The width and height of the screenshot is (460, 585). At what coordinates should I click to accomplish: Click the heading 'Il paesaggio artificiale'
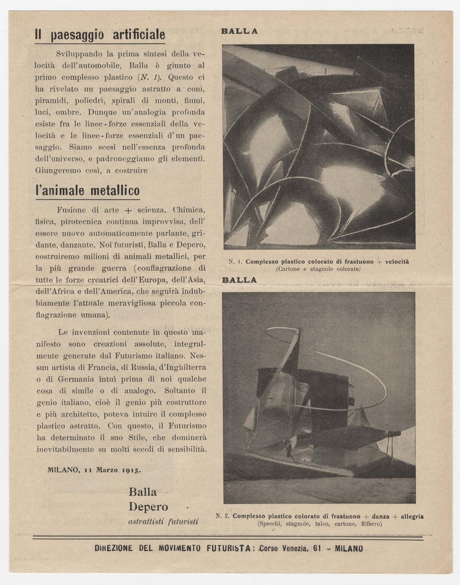(100, 35)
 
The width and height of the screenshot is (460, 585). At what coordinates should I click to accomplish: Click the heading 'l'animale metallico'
(87, 191)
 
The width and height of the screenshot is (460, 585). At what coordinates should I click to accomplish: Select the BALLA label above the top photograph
(239, 31)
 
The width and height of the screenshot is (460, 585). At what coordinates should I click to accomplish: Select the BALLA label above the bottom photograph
(239, 280)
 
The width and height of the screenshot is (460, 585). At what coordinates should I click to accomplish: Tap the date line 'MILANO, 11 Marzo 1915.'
(94, 469)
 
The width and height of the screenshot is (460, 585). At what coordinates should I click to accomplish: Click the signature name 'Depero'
(148, 507)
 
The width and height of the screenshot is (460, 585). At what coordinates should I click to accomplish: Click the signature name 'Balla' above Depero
(143, 492)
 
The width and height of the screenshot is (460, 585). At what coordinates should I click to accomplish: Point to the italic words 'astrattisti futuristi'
(163, 522)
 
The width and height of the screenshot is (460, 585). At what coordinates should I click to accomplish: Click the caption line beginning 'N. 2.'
(319, 516)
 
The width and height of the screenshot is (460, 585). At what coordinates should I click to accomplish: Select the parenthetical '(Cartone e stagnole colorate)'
(318, 269)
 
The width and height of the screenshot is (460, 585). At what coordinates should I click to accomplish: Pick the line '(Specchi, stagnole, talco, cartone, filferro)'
(320, 524)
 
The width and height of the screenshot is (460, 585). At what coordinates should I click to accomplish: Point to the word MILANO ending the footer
(349, 548)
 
